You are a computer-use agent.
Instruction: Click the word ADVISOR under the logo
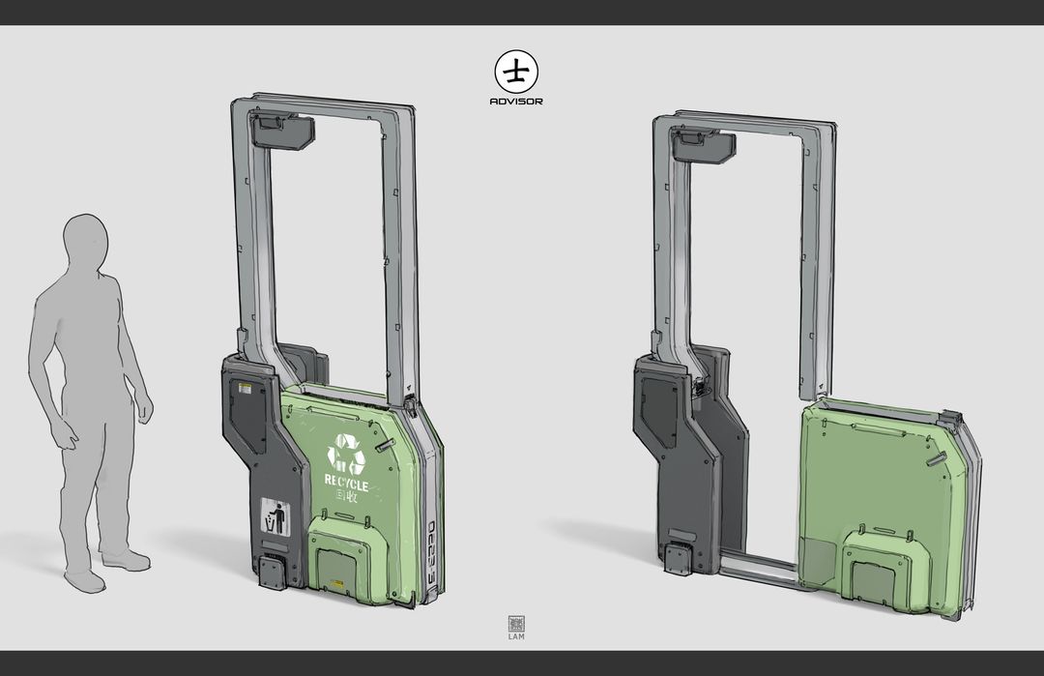click(516, 101)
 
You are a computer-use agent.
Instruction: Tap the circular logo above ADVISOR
click(516, 72)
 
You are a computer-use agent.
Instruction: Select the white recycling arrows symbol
click(346, 454)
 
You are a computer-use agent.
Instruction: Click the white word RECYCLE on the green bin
click(346, 482)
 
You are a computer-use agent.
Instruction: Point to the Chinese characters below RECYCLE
click(345, 496)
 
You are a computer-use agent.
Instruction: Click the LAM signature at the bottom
click(515, 636)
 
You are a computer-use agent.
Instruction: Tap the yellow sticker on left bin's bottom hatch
click(336, 585)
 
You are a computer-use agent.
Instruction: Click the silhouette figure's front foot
click(126, 560)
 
